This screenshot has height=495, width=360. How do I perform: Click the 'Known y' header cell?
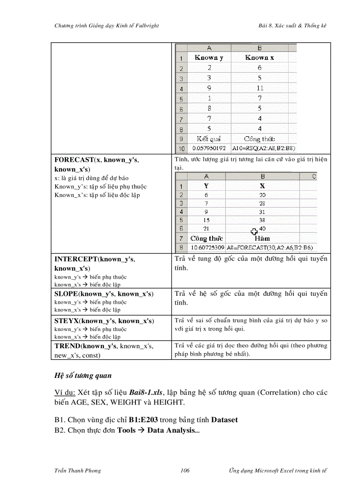(x=209, y=57)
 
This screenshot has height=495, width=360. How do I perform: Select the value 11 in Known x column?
(x=259, y=88)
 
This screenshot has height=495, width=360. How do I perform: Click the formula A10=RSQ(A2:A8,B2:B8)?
(x=264, y=149)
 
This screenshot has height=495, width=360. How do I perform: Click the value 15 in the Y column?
(x=206, y=220)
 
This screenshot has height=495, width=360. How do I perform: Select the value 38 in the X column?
(x=262, y=220)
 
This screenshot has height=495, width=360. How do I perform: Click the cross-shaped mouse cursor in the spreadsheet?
(x=254, y=231)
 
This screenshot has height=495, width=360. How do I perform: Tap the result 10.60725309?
(x=207, y=248)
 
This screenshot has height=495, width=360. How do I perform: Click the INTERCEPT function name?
(x=75, y=259)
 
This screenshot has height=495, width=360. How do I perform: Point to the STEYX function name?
(x=66, y=321)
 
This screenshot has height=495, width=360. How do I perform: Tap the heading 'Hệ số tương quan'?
(x=83, y=376)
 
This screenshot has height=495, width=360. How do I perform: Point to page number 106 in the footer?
(x=185, y=471)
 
